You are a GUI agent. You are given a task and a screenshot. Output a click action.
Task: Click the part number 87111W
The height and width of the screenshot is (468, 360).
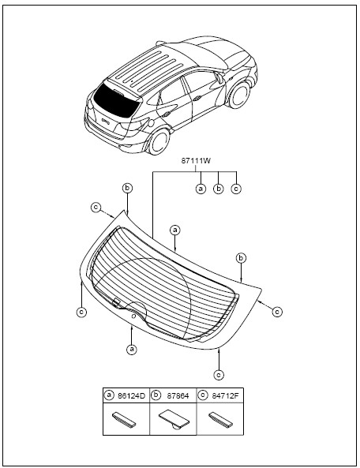[x=196, y=160]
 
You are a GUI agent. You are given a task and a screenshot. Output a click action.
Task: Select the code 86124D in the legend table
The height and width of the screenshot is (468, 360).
[x=131, y=395]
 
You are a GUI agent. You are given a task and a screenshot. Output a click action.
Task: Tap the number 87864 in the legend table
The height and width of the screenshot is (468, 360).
[x=178, y=395]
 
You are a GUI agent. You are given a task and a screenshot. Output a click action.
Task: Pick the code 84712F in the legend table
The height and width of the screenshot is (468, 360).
[x=225, y=395]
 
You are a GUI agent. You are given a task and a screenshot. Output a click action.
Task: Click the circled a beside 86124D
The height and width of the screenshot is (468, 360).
[x=109, y=395]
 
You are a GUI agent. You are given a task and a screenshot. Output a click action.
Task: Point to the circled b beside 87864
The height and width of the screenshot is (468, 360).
[x=156, y=395]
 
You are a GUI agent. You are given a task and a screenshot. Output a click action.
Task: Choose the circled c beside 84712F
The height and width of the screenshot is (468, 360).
[x=203, y=395]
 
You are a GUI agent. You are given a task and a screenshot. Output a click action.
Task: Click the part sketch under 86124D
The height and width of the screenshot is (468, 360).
[x=124, y=419]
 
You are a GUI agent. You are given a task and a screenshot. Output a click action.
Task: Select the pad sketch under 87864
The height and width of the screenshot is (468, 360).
[x=174, y=419]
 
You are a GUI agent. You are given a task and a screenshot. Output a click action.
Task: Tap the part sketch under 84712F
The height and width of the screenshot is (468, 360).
[x=221, y=420]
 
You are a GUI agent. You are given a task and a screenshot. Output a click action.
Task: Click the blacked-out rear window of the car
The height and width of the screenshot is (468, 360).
[x=116, y=100]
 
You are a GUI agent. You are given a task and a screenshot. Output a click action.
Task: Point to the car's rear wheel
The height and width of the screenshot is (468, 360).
[x=159, y=141]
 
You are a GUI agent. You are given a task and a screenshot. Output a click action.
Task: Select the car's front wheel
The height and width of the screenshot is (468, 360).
[x=238, y=94]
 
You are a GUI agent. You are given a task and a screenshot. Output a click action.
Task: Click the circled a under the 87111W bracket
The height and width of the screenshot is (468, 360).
[x=201, y=189]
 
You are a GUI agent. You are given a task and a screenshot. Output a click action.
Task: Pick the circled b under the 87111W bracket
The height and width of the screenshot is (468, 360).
[x=219, y=189]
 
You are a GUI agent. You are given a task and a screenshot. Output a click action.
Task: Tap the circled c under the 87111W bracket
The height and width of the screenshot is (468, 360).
[x=236, y=189]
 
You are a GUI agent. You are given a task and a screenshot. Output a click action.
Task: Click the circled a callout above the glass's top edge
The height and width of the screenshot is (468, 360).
[x=175, y=230]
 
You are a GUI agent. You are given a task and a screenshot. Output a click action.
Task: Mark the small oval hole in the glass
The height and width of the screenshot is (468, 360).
[x=133, y=316]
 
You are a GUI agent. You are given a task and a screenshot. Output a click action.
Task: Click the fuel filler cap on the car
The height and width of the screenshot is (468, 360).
[x=151, y=122]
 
